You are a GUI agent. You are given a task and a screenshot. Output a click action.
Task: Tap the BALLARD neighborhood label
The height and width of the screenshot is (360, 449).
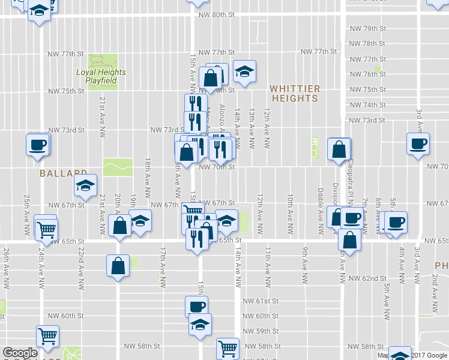[64, 173]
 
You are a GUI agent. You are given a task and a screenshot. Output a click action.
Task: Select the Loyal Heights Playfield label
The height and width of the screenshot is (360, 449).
[101, 76]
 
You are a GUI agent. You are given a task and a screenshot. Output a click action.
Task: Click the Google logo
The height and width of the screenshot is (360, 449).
[20, 353]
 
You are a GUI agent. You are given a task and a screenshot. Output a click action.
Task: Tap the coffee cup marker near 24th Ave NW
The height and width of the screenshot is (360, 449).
[38, 145]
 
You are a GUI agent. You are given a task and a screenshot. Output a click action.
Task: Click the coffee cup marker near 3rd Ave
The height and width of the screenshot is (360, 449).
[418, 143]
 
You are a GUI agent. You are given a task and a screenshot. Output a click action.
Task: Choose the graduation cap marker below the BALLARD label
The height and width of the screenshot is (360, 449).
[86, 187]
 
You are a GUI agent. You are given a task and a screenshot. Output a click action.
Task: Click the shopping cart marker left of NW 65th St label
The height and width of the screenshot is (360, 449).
[46, 228]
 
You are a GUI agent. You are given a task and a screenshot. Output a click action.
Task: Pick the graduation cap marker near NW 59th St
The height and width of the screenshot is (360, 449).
[200, 325]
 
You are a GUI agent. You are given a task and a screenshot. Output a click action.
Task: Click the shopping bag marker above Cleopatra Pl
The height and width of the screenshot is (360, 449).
[339, 149]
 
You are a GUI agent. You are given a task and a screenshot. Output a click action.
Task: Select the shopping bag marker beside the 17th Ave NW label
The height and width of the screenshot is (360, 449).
[118, 265]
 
